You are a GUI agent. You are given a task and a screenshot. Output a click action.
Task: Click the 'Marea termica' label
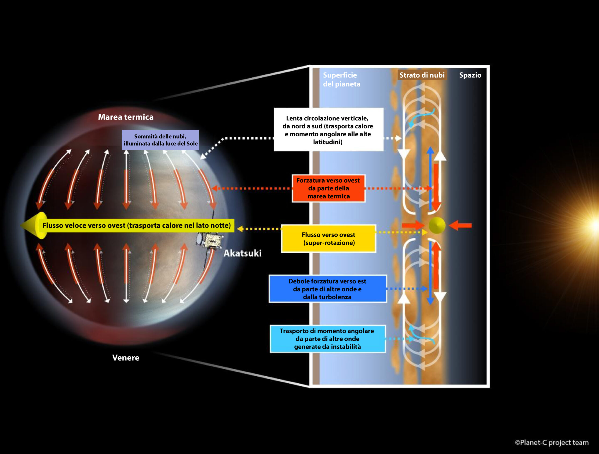click(126, 117)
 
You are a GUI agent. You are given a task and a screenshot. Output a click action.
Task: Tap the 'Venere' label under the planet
click(126, 358)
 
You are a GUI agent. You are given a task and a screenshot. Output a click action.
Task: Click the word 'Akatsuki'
click(242, 253)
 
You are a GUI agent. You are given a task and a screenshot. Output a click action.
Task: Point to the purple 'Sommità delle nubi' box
click(160, 140)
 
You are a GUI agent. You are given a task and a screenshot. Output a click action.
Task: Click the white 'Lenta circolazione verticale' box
click(328, 130)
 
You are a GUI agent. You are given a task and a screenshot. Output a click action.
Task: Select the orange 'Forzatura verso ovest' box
click(328, 188)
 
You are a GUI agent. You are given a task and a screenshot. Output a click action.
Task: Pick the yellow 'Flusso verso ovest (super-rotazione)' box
click(329, 239)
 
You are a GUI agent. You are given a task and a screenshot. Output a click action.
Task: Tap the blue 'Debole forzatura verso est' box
click(328, 289)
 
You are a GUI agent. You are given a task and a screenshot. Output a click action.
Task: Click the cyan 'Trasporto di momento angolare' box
click(327, 339)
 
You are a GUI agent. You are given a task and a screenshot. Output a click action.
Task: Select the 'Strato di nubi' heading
click(422, 75)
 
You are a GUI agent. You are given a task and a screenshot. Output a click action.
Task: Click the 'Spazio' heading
click(470, 75)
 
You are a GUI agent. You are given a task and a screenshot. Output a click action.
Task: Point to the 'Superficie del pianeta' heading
click(341, 79)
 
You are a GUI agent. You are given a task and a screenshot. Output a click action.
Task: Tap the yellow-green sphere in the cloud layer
click(437, 225)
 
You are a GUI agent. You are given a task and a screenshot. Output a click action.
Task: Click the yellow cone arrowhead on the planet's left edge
click(34, 225)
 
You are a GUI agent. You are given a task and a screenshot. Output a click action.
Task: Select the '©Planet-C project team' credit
click(552, 442)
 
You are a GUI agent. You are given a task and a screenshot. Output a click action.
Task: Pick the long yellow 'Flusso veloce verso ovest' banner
click(136, 225)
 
